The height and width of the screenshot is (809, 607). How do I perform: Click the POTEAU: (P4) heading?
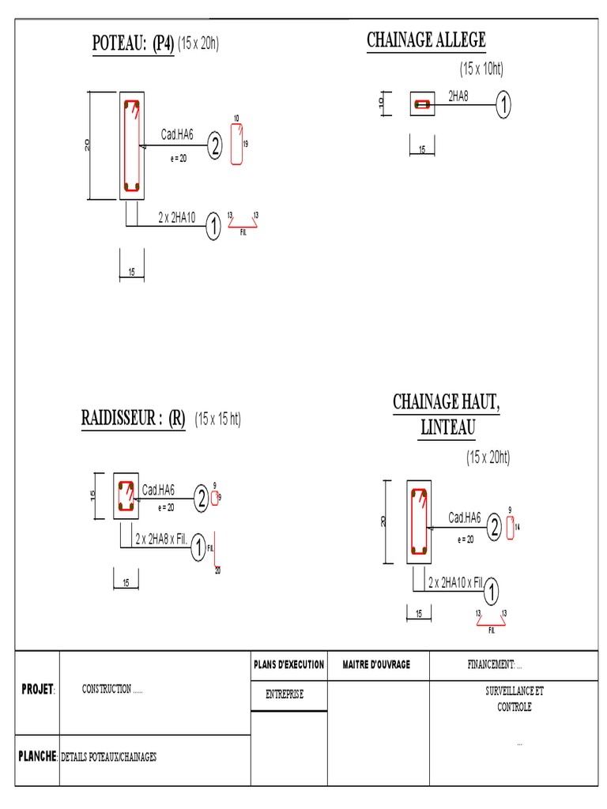pyautogui.click(x=133, y=44)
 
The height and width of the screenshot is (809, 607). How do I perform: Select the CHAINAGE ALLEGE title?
pyautogui.click(x=426, y=40)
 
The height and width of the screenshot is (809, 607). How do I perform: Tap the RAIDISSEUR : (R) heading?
pyautogui.click(x=133, y=419)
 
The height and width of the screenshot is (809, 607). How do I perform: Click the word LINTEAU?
pyautogui.click(x=447, y=427)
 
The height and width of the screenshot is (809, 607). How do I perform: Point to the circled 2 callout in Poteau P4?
pyautogui.click(x=215, y=146)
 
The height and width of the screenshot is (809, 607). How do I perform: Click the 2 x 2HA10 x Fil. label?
pyautogui.click(x=455, y=583)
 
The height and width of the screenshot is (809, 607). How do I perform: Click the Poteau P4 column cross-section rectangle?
pyautogui.click(x=131, y=146)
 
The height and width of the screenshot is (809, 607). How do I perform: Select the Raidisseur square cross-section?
pyautogui.click(x=125, y=496)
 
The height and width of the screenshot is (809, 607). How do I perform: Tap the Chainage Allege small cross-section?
pyautogui.click(x=422, y=103)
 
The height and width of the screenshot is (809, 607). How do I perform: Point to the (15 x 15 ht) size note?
pyautogui.click(x=218, y=420)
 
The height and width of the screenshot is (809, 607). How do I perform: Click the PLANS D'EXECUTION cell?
pyautogui.click(x=288, y=665)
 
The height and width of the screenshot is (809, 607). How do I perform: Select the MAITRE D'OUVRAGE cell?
pyautogui.click(x=376, y=665)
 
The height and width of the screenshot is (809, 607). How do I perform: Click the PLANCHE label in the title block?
pyautogui.click(x=36, y=756)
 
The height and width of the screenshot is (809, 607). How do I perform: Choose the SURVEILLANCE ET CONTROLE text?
pyautogui.click(x=515, y=698)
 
